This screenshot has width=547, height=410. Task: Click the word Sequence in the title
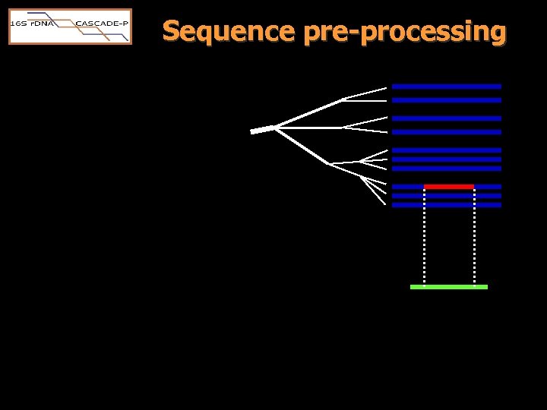tap(229, 32)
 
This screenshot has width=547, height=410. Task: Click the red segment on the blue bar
tap(448, 186)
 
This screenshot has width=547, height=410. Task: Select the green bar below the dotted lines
tap(448, 287)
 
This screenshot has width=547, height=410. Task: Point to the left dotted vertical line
tap(424, 235)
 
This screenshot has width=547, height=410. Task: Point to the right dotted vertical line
tap(474, 235)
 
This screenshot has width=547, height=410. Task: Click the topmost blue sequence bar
tap(447, 87)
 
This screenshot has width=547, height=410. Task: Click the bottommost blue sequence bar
tap(447, 205)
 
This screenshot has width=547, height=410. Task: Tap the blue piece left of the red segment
tap(408, 186)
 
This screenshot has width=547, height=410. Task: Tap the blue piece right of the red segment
tap(488, 186)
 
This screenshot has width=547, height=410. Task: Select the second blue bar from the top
tap(447, 100)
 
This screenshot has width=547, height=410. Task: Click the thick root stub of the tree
tap(261, 130)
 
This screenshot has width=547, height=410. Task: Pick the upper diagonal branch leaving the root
tap(308, 113)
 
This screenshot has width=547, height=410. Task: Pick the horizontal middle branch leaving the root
tap(308, 128)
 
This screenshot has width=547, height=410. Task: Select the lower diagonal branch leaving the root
tap(302, 146)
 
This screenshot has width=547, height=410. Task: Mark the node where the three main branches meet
tap(274, 128)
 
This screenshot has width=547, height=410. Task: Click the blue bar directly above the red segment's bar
tap(447, 169)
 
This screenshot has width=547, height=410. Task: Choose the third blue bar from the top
tap(447, 118)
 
